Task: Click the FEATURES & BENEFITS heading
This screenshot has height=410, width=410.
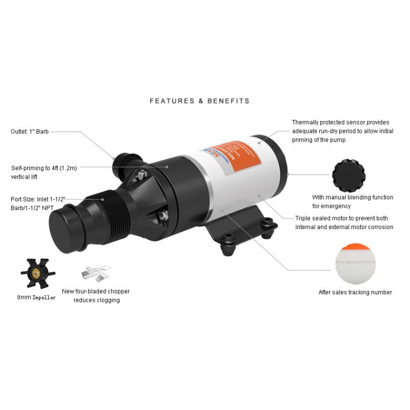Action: tap(199, 101)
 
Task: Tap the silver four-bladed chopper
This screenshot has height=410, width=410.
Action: tap(96, 273)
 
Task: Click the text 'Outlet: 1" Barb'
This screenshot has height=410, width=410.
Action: tap(30, 132)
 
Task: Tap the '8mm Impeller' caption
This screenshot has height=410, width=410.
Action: tap(36, 297)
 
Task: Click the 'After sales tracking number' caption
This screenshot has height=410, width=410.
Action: tap(355, 292)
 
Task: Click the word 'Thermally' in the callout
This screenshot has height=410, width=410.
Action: tap(307, 122)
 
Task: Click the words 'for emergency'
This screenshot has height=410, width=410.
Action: tap(332, 206)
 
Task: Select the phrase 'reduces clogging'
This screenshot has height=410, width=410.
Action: tap(98, 300)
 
